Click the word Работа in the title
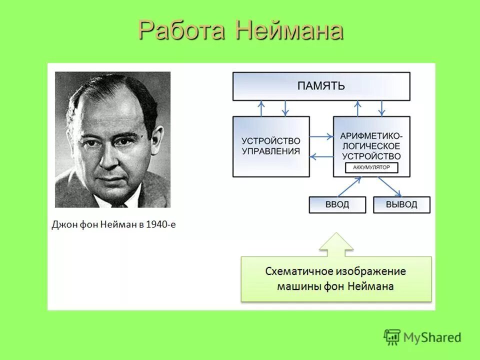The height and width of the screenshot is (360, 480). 182,31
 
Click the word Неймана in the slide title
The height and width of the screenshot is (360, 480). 289,31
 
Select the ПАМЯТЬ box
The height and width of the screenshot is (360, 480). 321,86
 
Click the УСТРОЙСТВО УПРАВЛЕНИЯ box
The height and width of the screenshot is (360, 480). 271,146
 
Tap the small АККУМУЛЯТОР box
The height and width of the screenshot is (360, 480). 371,168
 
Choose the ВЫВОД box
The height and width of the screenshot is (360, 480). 401,204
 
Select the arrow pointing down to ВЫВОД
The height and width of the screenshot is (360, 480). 390,187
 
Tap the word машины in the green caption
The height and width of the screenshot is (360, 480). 295,286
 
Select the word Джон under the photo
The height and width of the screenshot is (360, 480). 63,224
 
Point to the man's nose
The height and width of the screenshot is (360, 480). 108,155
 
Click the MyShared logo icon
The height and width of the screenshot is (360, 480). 392,337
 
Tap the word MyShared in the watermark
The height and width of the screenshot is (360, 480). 432,338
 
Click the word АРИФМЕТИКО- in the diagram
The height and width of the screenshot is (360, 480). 371,136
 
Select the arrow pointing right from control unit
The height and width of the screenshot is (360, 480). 321,136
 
